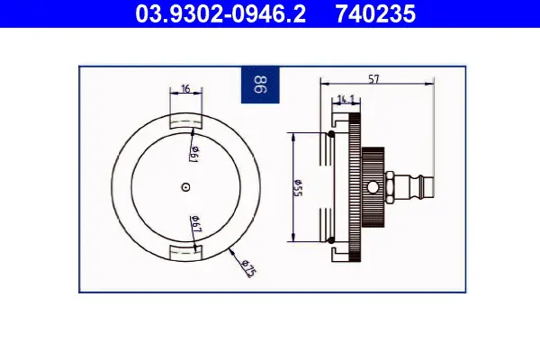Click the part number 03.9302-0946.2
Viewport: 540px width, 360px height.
pos(220,13)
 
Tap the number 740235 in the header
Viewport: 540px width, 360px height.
pos(375,13)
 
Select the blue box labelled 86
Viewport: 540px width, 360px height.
pos(260,85)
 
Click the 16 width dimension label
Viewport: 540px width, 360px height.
pos(185,89)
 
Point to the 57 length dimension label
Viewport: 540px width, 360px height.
pos(373,79)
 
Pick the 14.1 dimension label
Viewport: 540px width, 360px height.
pos(346,99)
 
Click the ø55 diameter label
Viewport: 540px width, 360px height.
pos(298,188)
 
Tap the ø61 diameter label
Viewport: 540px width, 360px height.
pos(194,154)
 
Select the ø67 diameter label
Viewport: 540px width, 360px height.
pos(195,223)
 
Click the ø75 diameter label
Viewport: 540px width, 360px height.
pos(248,268)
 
